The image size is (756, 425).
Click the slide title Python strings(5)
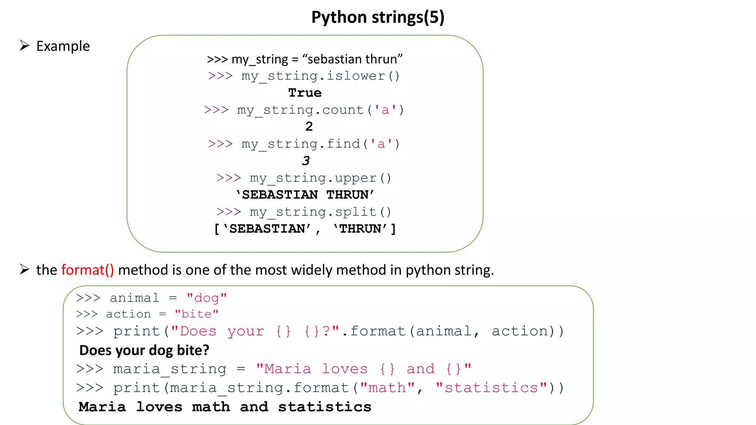(x=378, y=17)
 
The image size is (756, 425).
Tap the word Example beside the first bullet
(x=63, y=46)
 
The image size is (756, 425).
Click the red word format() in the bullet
(x=87, y=270)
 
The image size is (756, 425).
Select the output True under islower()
(x=305, y=93)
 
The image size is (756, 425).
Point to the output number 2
(x=309, y=127)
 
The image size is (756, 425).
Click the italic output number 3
(x=306, y=161)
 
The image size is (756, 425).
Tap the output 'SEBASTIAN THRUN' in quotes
(x=305, y=195)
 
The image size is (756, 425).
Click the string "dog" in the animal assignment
(x=207, y=298)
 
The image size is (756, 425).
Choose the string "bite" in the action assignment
(x=197, y=314)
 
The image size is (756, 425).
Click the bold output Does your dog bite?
(x=144, y=350)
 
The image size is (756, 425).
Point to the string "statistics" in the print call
(x=491, y=388)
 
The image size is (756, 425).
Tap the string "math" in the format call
(x=387, y=388)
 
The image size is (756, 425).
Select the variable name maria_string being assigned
(x=169, y=369)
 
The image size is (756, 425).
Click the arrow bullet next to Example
(x=24, y=46)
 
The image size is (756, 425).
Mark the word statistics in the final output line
(x=324, y=407)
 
